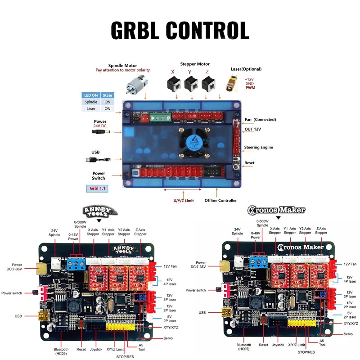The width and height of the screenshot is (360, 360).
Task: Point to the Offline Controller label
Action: (220, 200)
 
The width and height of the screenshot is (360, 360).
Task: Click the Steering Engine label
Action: (258, 147)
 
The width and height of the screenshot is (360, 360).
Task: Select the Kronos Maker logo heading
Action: (277, 210)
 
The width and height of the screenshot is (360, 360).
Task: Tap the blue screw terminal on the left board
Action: (76, 264)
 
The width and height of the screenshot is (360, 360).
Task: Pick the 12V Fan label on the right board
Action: (349, 264)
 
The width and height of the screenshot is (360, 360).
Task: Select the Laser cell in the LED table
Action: (91, 108)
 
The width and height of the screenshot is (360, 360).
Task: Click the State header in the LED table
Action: (108, 95)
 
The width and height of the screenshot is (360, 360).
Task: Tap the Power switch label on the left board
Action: (11, 293)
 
